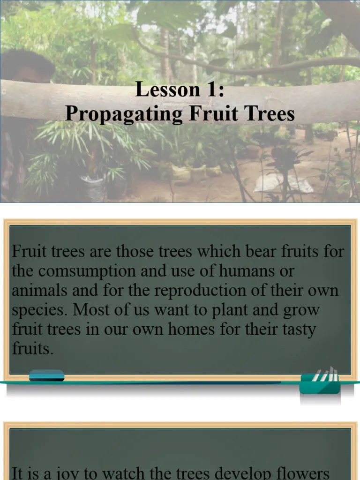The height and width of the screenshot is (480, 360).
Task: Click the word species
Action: (32, 310)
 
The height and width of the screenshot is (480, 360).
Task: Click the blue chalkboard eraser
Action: (46, 375)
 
